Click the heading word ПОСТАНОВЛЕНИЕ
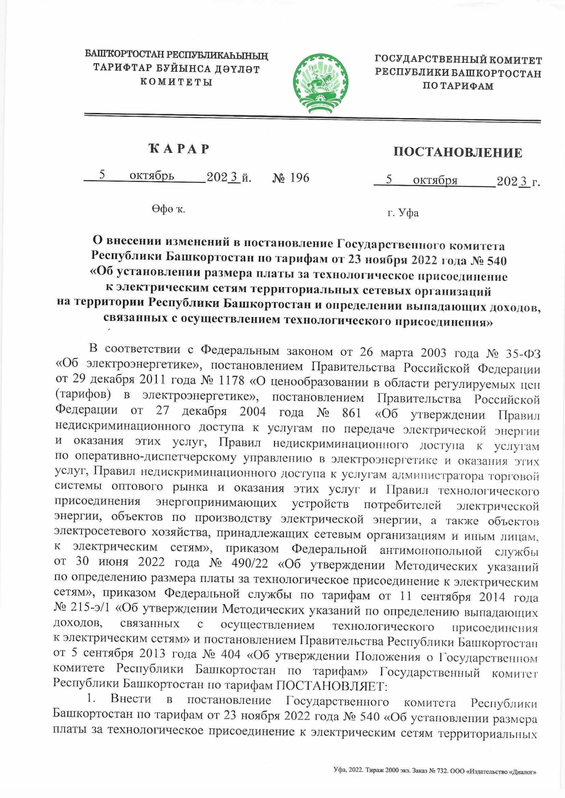(x=458, y=152)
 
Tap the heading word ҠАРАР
(x=178, y=149)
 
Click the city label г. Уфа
(x=403, y=213)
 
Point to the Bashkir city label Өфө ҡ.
(x=168, y=209)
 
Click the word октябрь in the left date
(x=152, y=176)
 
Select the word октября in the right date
(x=435, y=180)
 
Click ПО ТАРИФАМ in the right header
(x=458, y=87)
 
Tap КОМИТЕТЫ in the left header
(x=177, y=82)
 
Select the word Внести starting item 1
(x=131, y=700)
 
